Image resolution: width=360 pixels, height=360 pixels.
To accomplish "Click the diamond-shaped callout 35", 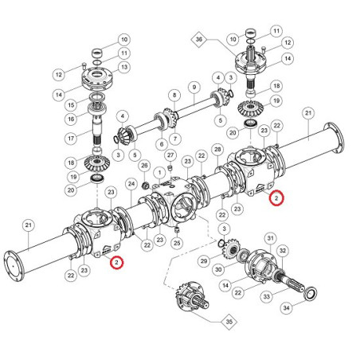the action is [229, 322].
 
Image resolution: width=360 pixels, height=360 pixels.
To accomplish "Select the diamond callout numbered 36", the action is [199, 40].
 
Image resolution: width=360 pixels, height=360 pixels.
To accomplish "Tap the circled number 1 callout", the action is [159, 173].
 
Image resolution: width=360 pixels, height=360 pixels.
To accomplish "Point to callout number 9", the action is [194, 88].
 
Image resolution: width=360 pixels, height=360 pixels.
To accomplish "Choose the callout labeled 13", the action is [124, 67].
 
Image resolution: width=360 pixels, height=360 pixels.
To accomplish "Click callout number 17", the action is [71, 139].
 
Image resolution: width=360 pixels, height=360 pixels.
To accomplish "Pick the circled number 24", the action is [131, 184].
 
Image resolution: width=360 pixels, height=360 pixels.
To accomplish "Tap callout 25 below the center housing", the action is [177, 243].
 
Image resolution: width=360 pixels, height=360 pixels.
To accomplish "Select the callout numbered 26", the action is [144, 166].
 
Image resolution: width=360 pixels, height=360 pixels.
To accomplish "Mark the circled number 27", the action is [170, 155].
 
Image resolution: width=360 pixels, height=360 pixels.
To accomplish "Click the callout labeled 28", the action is [217, 150].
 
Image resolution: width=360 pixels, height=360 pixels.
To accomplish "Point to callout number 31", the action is [270, 238].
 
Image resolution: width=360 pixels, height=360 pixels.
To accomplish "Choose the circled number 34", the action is [287, 308].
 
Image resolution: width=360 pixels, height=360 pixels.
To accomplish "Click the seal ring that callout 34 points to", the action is [311, 294].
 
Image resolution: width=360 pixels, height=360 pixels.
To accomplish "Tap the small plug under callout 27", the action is [170, 168].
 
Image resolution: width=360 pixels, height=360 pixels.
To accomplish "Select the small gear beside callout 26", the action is [145, 185].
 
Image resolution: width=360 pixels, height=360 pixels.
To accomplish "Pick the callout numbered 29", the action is [204, 261].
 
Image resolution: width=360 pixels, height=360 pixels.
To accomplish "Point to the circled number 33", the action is [267, 296].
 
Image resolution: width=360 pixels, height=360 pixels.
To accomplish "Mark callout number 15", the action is [71, 105].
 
